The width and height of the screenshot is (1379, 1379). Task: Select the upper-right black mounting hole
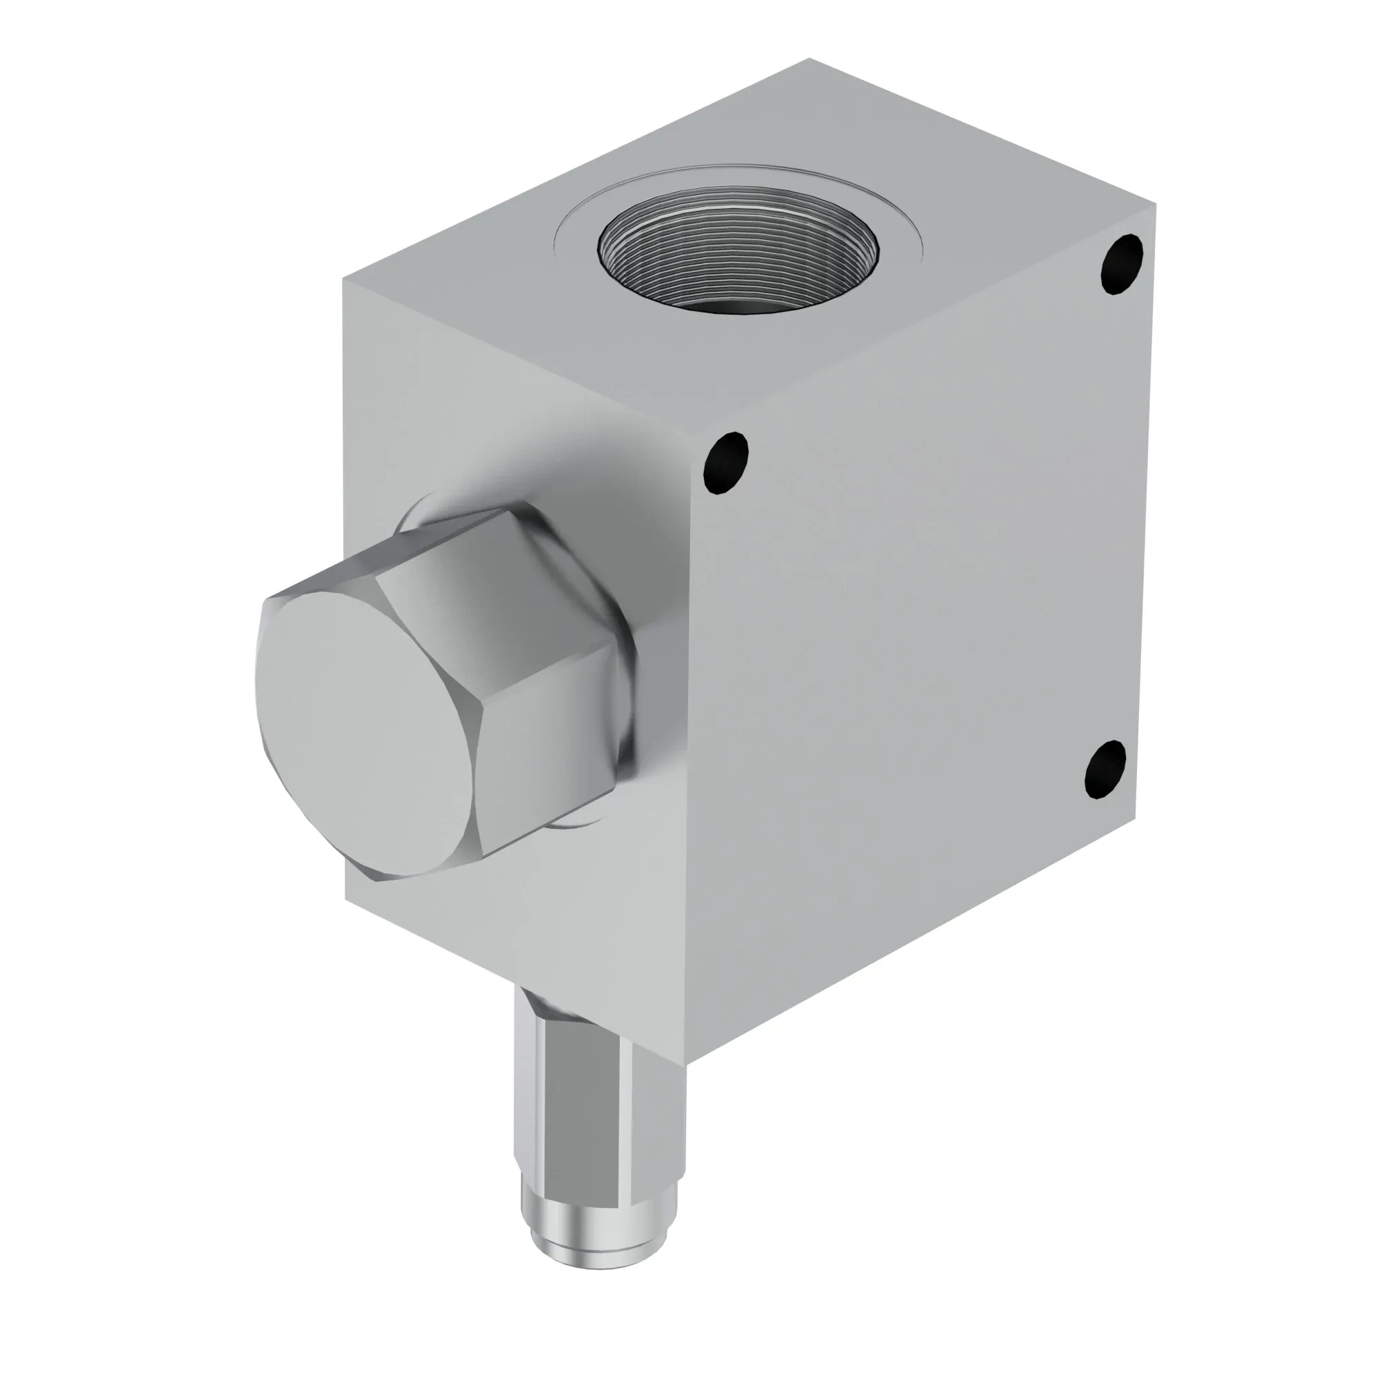coord(1122,264)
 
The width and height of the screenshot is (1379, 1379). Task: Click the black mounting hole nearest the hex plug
coord(726,462)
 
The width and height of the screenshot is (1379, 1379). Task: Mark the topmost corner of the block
coord(809,59)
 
